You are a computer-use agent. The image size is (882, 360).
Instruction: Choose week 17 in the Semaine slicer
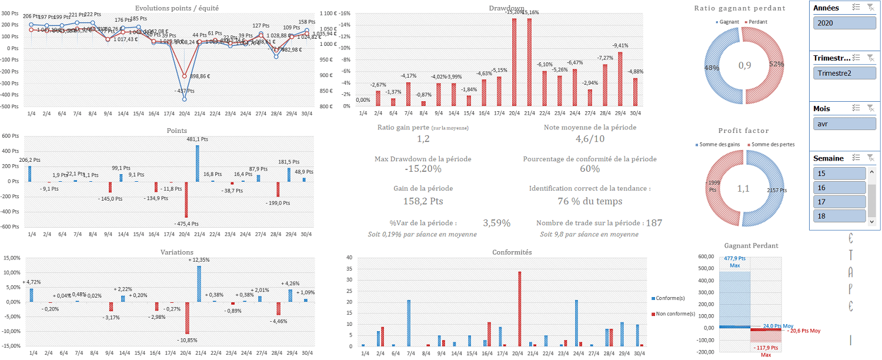[839, 202]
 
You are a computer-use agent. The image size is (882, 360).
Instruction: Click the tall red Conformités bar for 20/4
[519, 309]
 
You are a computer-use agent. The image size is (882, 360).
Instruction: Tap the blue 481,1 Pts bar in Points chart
[198, 163]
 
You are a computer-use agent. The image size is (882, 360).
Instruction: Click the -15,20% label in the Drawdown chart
[514, 12]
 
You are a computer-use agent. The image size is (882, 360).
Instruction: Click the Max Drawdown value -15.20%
[423, 169]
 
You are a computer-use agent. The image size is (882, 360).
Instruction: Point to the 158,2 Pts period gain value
[423, 201]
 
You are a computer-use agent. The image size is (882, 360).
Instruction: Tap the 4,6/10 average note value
[589, 139]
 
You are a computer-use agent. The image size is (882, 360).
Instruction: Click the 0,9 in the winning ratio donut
[744, 65]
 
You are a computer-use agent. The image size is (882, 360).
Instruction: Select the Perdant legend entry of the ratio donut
[757, 22]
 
